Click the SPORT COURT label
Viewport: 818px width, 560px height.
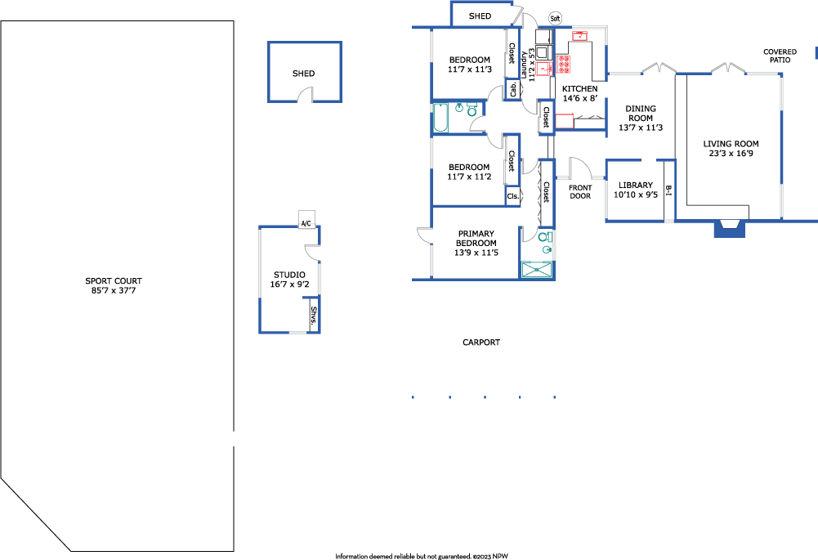(x=114, y=280)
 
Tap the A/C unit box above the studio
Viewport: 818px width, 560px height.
(x=306, y=219)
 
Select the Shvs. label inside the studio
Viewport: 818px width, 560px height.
(x=314, y=316)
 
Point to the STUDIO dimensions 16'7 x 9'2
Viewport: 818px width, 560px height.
(x=289, y=284)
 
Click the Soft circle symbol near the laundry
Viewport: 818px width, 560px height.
(x=555, y=19)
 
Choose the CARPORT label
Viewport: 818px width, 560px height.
(x=481, y=343)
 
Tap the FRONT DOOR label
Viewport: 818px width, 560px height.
(x=580, y=191)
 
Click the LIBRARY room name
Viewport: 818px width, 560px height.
(x=636, y=186)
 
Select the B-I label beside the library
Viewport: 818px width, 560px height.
(x=668, y=190)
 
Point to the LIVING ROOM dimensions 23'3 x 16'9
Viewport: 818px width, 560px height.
(x=731, y=154)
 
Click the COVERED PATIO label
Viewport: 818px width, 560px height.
(x=780, y=56)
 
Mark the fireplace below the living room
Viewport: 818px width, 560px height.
(x=729, y=228)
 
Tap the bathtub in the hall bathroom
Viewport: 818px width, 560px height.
(x=440, y=118)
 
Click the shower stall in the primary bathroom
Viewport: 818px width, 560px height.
(x=537, y=269)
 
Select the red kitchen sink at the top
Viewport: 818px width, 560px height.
(x=580, y=35)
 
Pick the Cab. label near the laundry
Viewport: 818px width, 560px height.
(x=513, y=89)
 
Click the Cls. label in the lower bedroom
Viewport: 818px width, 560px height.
(x=513, y=196)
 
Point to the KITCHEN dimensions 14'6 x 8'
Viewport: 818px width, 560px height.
(x=579, y=98)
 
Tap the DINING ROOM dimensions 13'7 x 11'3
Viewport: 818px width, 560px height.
(x=641, y=128)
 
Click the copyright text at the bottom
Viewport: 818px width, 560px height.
(x=422, y=557)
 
